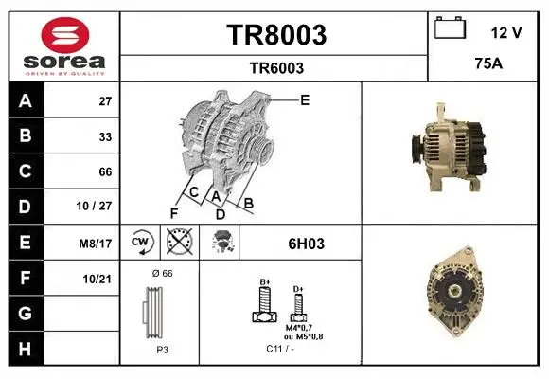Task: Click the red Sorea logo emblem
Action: point(65,35)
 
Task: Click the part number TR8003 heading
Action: point(276,35)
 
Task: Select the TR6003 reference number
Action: point(276,68)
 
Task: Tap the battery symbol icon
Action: point(450,27)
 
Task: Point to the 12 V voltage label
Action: point(506,32)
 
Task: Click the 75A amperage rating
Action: point(488,63)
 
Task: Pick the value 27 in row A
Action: point(105,101)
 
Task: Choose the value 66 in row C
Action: point(105,171)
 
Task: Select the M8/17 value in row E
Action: point(96,244)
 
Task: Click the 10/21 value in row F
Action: point(97,280)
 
